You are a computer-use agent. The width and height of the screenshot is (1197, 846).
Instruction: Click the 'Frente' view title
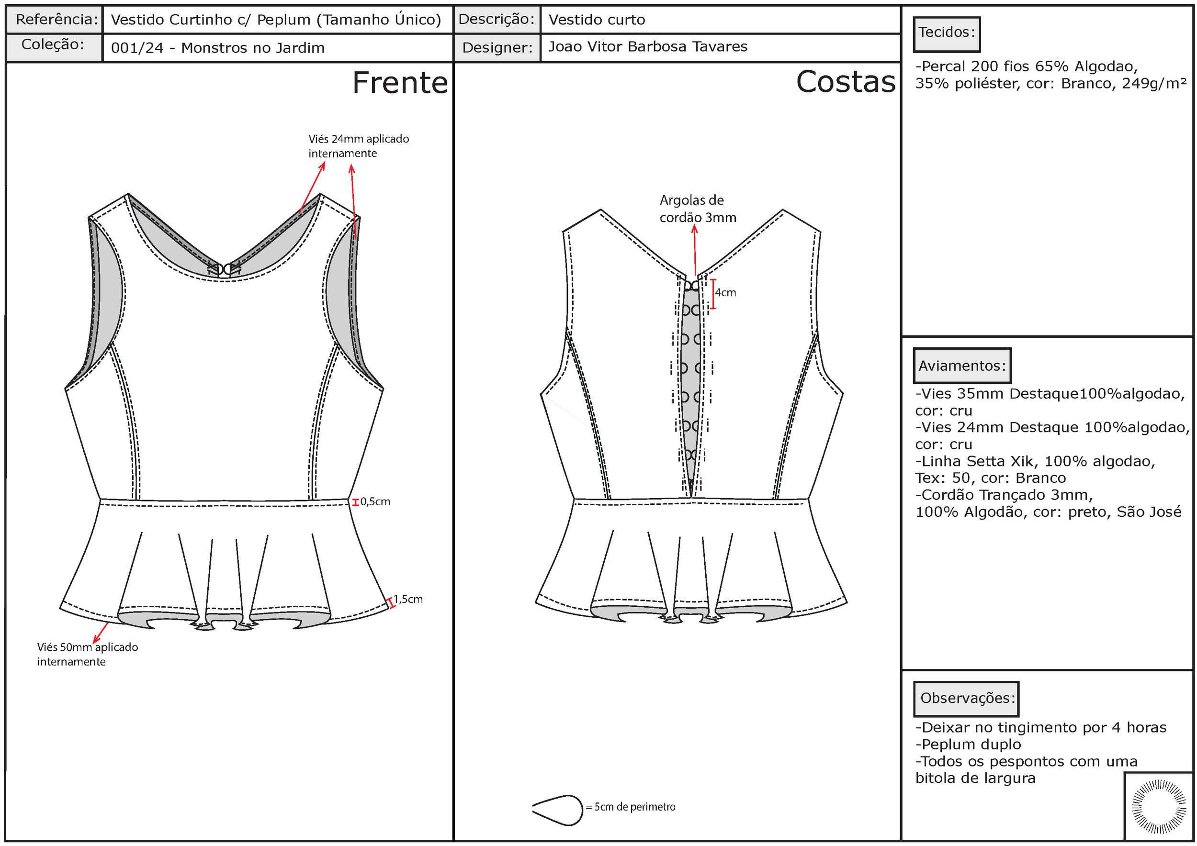click(400, 83)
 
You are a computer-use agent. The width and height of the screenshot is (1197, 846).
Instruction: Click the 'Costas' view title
click(845, 82)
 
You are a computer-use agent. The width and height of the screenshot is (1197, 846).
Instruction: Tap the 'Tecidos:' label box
click(946, 33)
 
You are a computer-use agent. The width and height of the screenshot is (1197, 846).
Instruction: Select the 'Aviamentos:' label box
click(961, 366)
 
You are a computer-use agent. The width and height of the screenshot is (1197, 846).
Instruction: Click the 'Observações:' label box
click(966, 698)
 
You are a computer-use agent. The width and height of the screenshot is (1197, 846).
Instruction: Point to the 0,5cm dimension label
click(375, 501)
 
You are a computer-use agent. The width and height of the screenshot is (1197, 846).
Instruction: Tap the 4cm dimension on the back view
click(725, 293)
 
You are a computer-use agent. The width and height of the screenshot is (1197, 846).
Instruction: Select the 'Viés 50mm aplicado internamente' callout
click(87, 654)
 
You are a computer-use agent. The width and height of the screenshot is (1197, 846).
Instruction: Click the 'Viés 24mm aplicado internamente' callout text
click(358, 146)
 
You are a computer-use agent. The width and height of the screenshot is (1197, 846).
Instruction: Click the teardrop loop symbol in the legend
click(557, 810)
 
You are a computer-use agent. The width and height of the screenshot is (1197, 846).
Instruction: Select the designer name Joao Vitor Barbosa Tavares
click(647, 47)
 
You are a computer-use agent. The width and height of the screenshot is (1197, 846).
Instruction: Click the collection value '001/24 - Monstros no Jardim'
click(217, 48)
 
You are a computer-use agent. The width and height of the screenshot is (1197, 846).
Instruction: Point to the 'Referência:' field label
click(56, 20)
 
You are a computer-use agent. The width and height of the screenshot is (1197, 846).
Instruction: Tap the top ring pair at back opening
click(692, 286)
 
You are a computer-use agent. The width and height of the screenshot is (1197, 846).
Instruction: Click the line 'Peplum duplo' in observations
click(968, 745)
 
